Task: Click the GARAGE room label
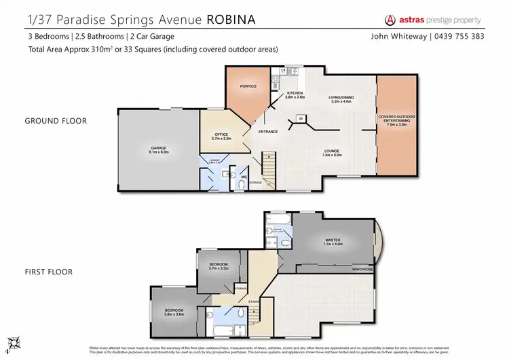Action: click(x=149, y=149)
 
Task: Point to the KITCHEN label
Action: click(x=295, y=94)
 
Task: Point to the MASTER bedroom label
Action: click(x=333, y=241)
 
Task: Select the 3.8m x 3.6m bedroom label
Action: click(x=174, y=312)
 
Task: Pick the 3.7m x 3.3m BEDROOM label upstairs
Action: click(x=219, y=266)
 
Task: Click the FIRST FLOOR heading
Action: click(x=49, y=272)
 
